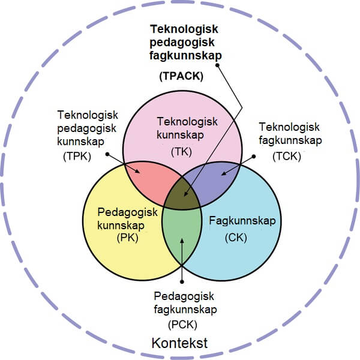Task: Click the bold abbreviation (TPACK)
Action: [182, 77]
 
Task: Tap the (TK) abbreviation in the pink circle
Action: [181, 152]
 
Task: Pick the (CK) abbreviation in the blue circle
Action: [236, 237]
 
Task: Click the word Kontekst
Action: [179, 344]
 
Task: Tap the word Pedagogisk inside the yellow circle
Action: [127, 212]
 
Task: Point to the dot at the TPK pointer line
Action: [107, 154]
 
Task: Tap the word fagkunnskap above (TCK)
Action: [290, 140]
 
